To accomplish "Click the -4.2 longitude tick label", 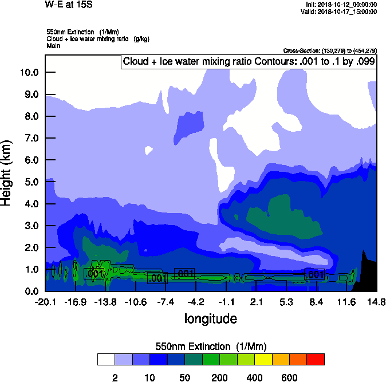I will (196, 302).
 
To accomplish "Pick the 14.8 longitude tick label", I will (376, 302).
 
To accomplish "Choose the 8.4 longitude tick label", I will (316, 302).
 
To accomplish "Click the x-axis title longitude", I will (210, 318).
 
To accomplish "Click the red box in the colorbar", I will (316, 360).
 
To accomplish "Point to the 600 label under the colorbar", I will (289, 377).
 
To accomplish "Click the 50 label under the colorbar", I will (184, 377).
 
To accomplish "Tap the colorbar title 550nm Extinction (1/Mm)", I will (211, 346).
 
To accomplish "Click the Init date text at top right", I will (341, 5).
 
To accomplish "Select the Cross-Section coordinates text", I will (330, 51).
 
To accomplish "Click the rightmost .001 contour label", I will (316, 275).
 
